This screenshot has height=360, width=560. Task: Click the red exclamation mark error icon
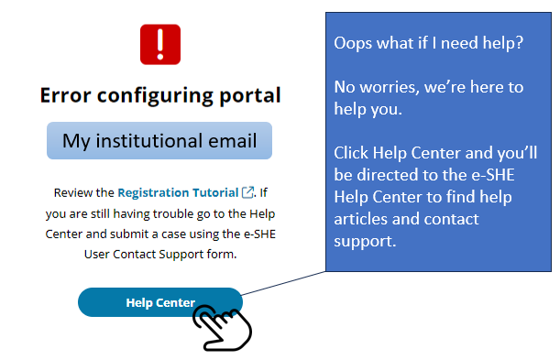point(160,44)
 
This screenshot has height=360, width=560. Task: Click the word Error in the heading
point(70,95)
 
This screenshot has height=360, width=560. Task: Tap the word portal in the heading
point(250,95)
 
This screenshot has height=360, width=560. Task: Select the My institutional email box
point(159,141)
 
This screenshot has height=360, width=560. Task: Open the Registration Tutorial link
point(178,193)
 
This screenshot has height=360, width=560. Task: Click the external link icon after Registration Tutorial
point(247,193)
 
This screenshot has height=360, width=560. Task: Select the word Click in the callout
point(352,153)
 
